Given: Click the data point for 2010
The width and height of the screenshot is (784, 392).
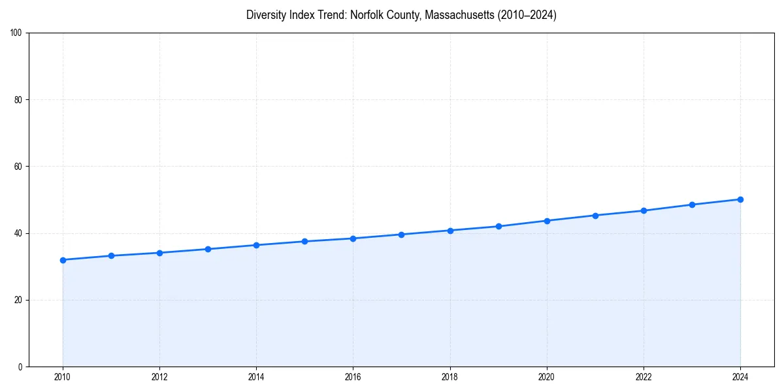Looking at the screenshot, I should click(x=63, y=260).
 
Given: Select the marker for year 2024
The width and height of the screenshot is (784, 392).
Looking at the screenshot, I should click(x=740, y=199).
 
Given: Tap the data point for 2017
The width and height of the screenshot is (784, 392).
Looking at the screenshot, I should click(x=401, y=235).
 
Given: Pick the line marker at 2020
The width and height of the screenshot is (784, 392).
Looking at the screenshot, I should click(x=547, y=221).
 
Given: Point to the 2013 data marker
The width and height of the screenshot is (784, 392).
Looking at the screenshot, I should click(x=208, y=249).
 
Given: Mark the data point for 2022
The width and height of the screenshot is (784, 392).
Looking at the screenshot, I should click(x=644, y=210).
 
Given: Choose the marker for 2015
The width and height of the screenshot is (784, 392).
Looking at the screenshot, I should click(x=304, y=242).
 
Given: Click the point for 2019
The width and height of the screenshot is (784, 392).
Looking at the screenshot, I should click(x=498, y=226).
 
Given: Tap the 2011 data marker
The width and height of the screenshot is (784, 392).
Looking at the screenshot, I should click(x=111, y=255).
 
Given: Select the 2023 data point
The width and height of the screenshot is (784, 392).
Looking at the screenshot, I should click(x=692, y=204).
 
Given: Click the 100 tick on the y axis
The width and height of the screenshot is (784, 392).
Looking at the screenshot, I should click(x=16, y=33).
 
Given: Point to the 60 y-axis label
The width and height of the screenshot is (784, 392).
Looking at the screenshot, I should click(x=18, y=167).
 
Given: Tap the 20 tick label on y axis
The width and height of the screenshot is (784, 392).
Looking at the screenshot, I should click(x=18, y=300).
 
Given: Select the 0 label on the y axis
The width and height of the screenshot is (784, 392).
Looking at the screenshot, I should click(x=20, y=367).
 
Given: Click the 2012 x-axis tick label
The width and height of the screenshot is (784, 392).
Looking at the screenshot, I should click(x=159, y=377).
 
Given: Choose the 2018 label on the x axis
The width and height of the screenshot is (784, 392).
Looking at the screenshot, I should click(x=450, y=377).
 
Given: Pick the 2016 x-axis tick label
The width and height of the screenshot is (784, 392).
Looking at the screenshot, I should click(x=353, y=377).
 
